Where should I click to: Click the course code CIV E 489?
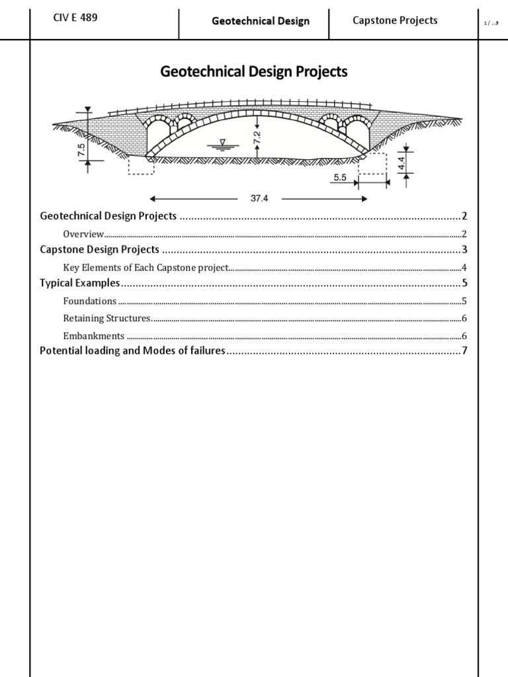[x=75, y=19]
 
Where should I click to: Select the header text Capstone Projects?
[x=395, y=20]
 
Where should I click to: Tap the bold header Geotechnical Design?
[x=261, y=21]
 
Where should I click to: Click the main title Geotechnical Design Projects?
[x=254, y=72]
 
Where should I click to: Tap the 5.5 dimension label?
[x=340, y=177]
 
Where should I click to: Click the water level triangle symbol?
[x=222, y=142]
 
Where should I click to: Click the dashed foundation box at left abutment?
[x=140, y=165]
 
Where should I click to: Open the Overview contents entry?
[x=83, y=233]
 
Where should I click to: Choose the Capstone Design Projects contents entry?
[x=99, y=250]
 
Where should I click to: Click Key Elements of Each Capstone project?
[x=146, y=268]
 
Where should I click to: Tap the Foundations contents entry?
[x=90, y=301]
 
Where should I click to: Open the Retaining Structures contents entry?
[x=107, y=319]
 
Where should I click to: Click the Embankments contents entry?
[x=94, y=336]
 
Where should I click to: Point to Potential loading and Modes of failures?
[x=132, y=351]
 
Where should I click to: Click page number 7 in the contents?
[x=465, y=351]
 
